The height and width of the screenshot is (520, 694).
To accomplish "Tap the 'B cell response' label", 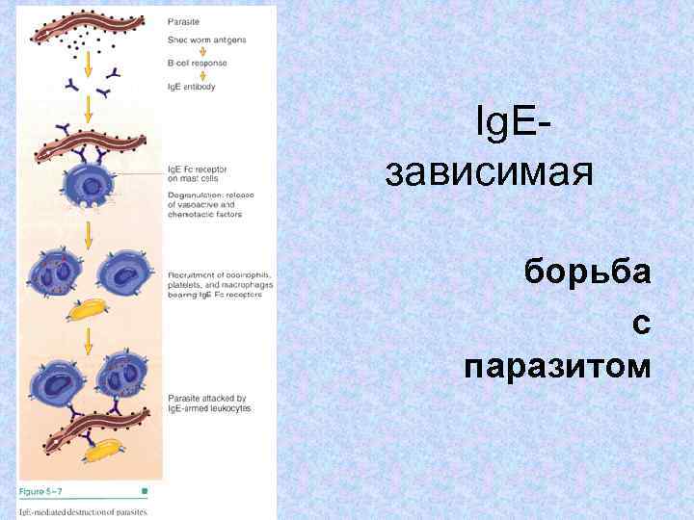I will point(198,64).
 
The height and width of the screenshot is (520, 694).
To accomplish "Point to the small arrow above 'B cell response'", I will point(182,52).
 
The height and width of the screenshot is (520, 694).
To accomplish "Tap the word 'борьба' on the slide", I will point(588,272).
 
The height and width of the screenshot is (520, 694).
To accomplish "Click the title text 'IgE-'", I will point(516,123).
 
